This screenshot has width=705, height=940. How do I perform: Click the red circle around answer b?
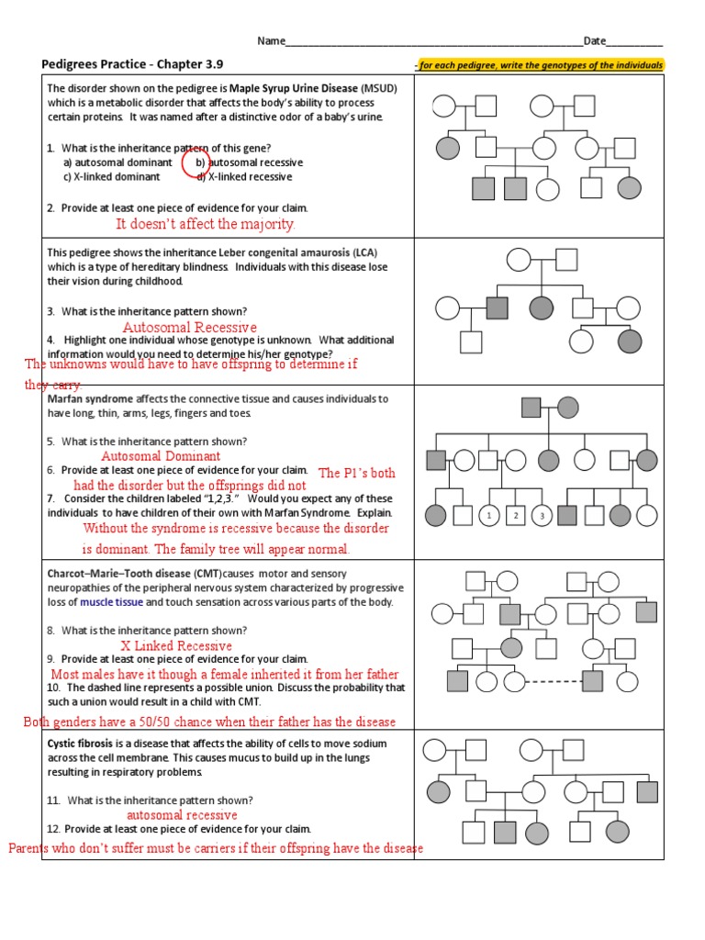point(196,162)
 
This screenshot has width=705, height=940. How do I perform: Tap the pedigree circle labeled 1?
point(489,516)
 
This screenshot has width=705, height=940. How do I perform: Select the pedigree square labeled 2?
point(516,516)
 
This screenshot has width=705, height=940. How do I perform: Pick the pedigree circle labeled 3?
point(543,516)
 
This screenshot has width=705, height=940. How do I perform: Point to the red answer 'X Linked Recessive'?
point(176,646)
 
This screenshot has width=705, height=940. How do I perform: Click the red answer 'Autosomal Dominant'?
point(161,456)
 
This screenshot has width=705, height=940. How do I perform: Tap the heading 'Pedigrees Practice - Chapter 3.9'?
point(132,64)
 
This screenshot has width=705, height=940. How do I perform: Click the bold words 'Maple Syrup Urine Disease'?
point(293,88)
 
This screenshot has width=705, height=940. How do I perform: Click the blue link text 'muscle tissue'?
point(111,602)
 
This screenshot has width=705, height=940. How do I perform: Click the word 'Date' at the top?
point(595,41)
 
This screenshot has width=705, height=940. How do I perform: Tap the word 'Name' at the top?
point(271,41)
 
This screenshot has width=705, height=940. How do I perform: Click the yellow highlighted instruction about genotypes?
point(538,65)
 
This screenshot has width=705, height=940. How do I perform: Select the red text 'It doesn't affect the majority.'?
point(206,225)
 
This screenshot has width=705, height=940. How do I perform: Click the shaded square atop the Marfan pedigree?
point(531,407)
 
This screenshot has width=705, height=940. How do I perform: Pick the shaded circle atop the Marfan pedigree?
point(568,407)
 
